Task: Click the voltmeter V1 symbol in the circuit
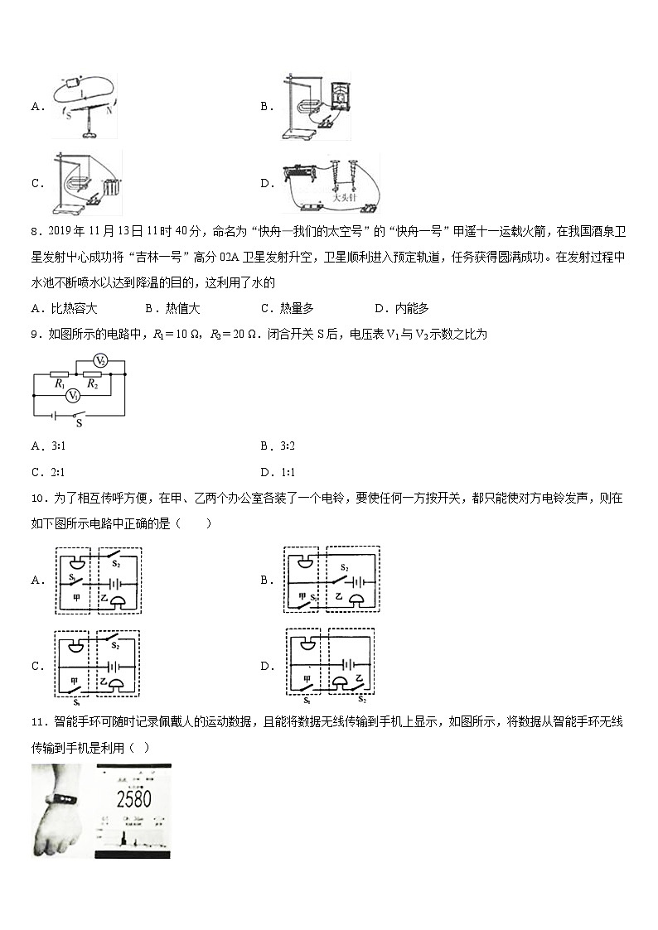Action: click(74, 396)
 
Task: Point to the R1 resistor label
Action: click(60, 385)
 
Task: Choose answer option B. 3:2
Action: click(278, 446)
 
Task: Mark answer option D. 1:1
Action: click(278, 473)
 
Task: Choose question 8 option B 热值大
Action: click(173, 309)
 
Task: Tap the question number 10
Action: click(39, 499)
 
